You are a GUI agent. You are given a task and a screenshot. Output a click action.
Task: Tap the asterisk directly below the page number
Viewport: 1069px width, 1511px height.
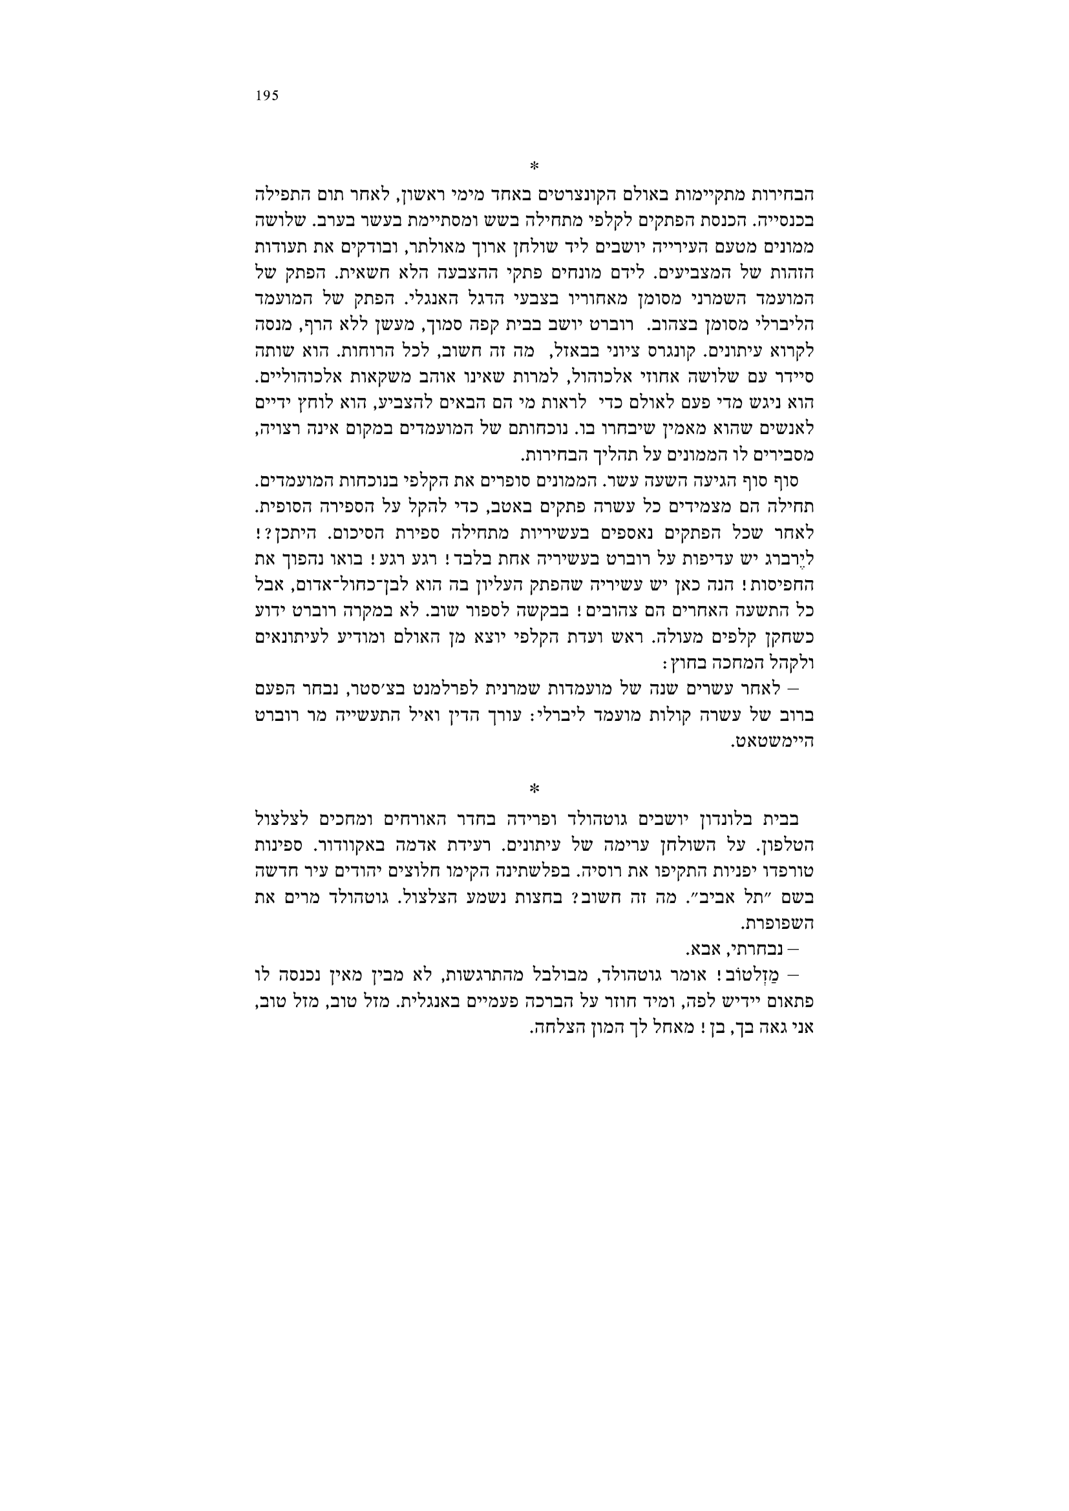pos(534,164)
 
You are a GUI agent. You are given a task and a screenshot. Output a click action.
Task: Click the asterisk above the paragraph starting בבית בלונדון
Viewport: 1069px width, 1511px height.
pos(534,787)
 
